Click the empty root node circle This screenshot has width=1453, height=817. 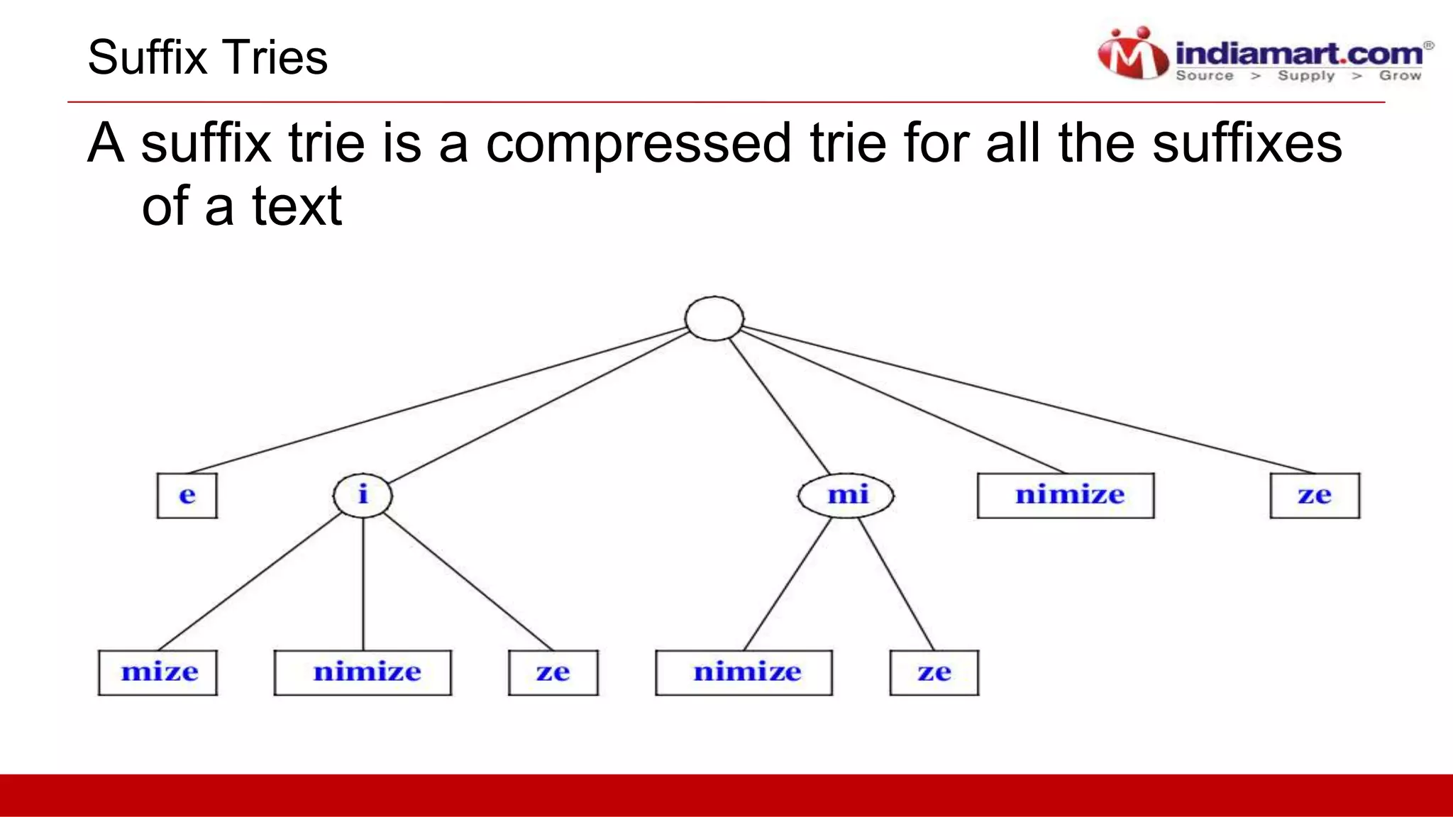pos(714,318)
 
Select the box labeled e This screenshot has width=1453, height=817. pos(187,495)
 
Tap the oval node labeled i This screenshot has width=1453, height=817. pos(363,494)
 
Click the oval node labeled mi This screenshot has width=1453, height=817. pos(846,494)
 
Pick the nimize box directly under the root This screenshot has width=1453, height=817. pos(1066,495)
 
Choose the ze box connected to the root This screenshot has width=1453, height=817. pos(1315,495)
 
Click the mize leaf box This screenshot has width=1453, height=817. pos(158,672)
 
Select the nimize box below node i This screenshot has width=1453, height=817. pos(363,672)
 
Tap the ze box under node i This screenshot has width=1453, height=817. pos(553,672)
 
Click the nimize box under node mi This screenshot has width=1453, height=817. pos(744,672)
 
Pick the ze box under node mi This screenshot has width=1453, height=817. pos(934,672)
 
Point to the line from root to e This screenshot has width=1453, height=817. pos(436,400)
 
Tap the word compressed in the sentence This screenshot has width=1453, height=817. pos(637,143)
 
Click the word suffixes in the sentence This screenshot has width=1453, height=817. pos(1247,143)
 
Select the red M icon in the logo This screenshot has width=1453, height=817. pos(1132,55)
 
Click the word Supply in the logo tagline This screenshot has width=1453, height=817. pos(1305,75)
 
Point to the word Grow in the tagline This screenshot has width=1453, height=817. pos(1400,75)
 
